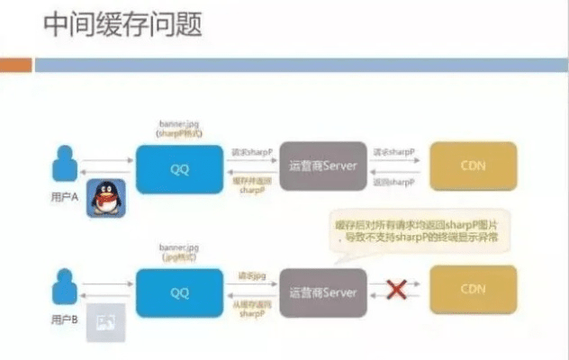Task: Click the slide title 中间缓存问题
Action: click(122, 24)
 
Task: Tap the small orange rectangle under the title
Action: click(15, 65)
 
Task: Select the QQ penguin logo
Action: click(105, 196)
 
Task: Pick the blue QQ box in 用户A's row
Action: click(177, 166)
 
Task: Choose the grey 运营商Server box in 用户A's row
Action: click(323, 166)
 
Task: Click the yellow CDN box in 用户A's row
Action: click(473, 166)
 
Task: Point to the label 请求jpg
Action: click(251, 277)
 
